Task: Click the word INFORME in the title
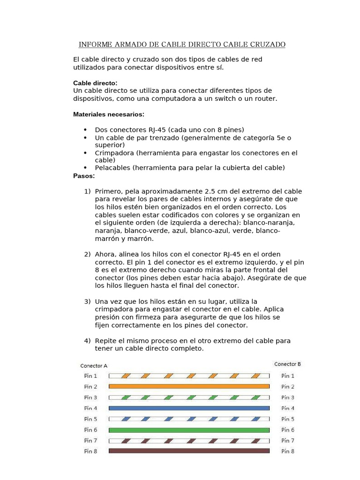(x=96, y=45)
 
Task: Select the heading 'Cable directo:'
(x=95, y=83)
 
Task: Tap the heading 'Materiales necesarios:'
(x=109, y=114)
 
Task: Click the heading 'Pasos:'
(x=84, y=176)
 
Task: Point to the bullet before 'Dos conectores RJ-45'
(x=85, y=130)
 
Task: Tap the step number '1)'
(x=87, y=191)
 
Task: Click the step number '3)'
(x=87, y=301)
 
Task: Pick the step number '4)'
(x=87, y=341)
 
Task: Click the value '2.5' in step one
(x=210, y=191)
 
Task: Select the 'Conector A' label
(x=94, y=366)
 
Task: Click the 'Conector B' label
(x=287, y=364)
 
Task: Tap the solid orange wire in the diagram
(x=189, y=386)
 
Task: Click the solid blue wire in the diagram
(x=189, y=408)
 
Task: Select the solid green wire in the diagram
(x=189, y=430)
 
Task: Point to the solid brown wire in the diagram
(x=189, y=451)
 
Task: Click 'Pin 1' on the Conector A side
(x=90, y=376)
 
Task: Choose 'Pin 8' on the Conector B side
(x=288, y=451)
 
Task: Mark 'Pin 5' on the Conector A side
(x=90, y=419)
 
